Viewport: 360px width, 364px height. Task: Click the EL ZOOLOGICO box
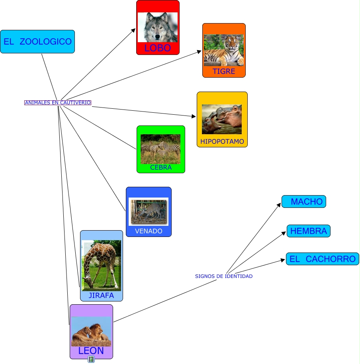point(37,41)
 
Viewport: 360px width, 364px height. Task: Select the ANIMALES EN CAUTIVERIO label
point(58,103)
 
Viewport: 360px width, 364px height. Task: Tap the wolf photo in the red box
point(158,27)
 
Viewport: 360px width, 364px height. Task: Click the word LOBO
point(158,48)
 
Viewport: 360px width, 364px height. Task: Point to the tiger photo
point(224,50)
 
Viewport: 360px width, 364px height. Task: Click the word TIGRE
point(224,71)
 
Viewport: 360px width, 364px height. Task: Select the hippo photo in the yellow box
point(222,119)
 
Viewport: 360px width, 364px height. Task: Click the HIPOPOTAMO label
point(222,141)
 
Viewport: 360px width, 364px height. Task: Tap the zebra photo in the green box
point(160,149)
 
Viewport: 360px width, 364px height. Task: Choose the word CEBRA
point(161,167)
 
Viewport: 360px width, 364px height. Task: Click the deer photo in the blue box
point(149,212)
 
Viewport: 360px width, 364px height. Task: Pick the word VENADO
point(149,231)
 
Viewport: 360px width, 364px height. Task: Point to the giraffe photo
point(101,266)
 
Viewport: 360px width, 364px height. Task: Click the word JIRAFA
point(102,295)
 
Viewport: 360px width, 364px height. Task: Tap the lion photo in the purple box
point(91,331)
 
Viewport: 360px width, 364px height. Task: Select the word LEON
point(91,350)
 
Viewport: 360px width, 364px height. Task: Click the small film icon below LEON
point(92,359)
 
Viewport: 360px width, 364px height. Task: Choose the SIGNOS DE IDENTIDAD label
point(224,276)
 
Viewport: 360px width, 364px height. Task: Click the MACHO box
point(304,202)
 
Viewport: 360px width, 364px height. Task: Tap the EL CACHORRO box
point(323,259)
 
